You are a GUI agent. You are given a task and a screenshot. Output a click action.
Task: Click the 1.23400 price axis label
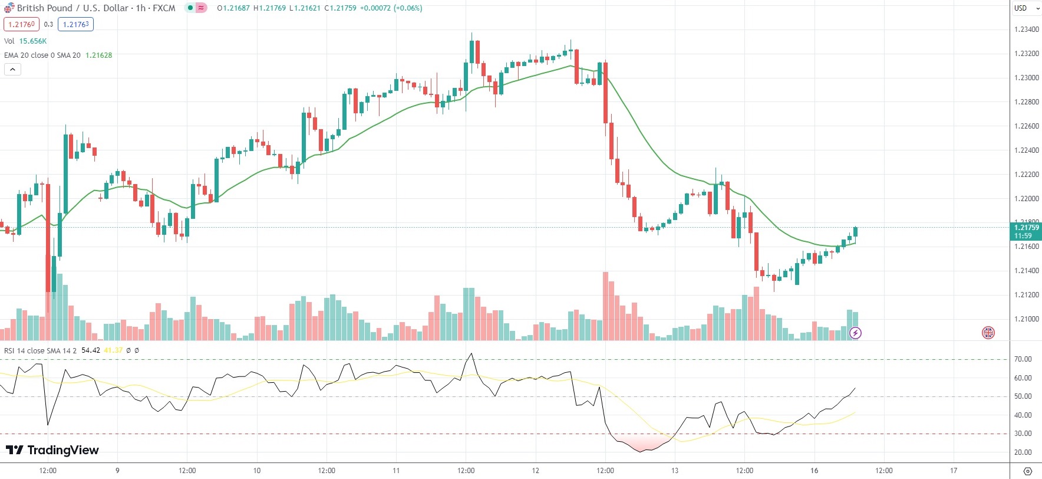point(1026,29)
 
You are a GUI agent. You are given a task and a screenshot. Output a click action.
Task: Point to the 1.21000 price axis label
point(1026,319)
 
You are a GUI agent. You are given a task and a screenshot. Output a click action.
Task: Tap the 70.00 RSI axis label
point(1023,359)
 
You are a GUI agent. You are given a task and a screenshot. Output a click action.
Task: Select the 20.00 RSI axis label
point(1023,452)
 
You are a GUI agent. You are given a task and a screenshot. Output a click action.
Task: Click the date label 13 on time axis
point(675,471)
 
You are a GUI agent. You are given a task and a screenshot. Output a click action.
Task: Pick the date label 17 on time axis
point(954,471)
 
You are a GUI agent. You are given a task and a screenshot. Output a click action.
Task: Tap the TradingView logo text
point(62,450)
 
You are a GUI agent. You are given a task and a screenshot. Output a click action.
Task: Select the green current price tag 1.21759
point(1026,228)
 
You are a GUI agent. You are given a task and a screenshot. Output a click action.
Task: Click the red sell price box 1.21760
point(21,24)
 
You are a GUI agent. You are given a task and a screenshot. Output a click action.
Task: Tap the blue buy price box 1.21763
point(75,24)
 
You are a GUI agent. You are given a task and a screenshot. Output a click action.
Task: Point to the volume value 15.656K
point(33,41)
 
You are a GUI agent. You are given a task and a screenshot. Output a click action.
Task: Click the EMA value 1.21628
point(98,55)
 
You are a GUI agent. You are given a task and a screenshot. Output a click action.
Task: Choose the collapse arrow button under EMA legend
point(12,70)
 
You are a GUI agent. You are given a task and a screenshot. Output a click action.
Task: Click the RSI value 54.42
point(91,350)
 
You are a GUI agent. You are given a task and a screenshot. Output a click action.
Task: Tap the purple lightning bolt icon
point(855,333)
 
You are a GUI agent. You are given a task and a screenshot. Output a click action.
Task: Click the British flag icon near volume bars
point(988,333)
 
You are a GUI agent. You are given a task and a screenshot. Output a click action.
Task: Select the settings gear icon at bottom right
point(1028,471)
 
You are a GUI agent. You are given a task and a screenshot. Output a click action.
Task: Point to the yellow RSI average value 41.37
point(113,350)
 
